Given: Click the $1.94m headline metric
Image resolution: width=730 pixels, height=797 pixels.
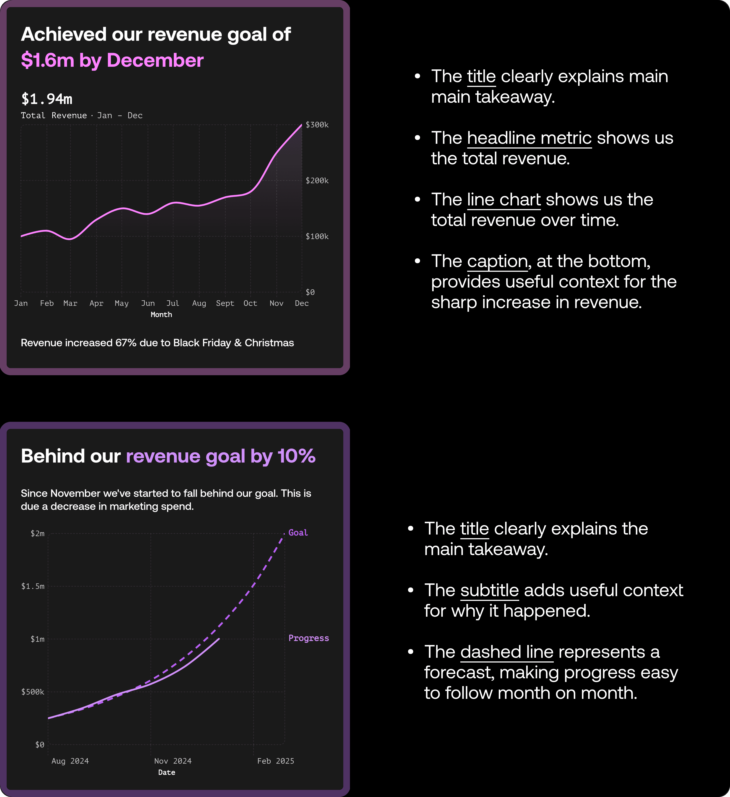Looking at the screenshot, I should click(47, 99).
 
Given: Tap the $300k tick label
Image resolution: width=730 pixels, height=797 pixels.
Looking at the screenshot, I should click(317, 125).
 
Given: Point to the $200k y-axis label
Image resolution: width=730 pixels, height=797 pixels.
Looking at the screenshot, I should click(317, 181).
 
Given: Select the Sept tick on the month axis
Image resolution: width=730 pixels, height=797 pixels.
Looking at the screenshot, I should click(225, 303).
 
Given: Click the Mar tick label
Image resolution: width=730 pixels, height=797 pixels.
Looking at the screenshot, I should click(70, 303).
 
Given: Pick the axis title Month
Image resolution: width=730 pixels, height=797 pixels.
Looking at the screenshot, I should click(161, 315).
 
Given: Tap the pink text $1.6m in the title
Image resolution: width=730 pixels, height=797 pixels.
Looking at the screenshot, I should click(47, 60).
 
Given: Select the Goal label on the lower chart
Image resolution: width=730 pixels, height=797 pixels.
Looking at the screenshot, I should click(298, 532).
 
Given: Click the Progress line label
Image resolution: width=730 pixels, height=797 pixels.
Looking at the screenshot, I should click(309, 638).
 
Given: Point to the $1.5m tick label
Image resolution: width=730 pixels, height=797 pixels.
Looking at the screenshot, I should click(33, 586).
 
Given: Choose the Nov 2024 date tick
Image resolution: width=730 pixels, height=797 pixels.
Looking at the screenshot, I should click(173, 761).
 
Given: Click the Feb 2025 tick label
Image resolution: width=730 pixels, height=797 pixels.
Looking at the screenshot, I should click(276, 761).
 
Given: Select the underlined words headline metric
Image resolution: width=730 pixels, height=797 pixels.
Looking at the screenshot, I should click(529, 138).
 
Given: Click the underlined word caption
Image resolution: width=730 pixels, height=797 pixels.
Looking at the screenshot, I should click(497, 261).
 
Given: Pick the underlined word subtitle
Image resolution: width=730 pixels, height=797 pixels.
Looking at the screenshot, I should click(489, 590).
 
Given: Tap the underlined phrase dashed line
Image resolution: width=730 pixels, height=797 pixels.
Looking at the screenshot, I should click(507, 652).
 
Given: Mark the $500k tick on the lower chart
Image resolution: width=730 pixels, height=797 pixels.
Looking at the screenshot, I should click(33, 692).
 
